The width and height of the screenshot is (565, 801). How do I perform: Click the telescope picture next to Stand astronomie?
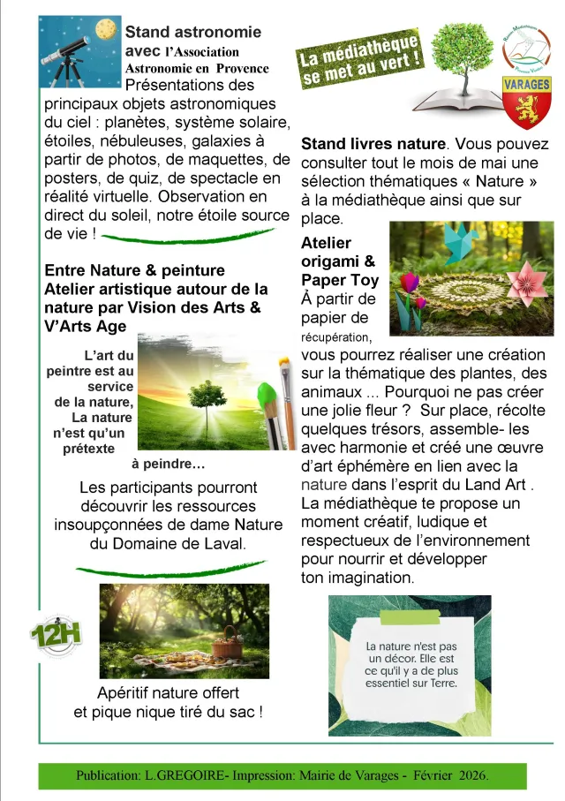(x=80, y=51)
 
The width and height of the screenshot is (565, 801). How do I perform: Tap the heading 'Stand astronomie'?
(x=193, y=32)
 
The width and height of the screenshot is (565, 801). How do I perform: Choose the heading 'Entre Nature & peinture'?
(x=134, y=270)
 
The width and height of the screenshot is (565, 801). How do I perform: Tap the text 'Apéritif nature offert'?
(x=169, y=692)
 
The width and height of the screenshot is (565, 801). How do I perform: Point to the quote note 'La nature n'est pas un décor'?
(x=411, y=664)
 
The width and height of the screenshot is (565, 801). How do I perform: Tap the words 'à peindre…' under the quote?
(x=168, y=464)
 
